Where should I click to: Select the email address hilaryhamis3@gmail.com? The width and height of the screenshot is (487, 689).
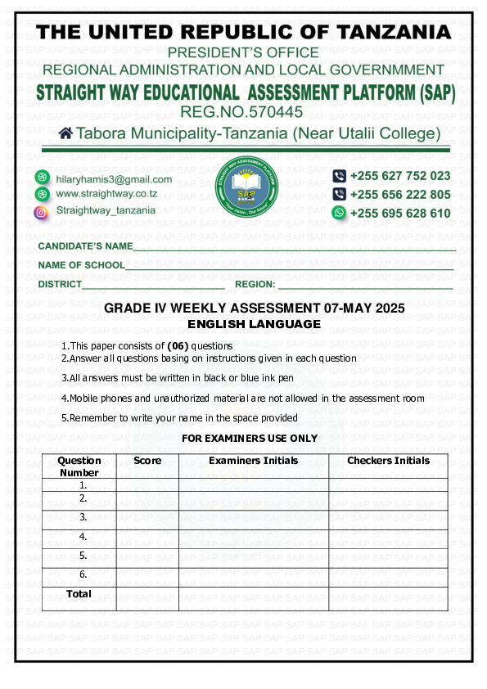click(x=114, y=179)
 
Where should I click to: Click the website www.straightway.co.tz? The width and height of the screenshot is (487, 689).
click(x=106, y=195)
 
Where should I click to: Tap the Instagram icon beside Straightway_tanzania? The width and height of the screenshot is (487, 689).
click(x=41, y=211)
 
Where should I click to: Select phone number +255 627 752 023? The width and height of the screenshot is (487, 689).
click(x=399, y=176)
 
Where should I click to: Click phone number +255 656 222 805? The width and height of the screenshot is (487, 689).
click(x=399, y=195)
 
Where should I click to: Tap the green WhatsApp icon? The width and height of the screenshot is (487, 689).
click(x=339, y=213)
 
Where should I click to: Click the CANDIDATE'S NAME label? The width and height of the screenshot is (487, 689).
click(x=85, y=246)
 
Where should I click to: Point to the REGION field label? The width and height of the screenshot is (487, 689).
click(x=255, y=285)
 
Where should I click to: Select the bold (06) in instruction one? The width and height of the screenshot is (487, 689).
click(x=177, y=346)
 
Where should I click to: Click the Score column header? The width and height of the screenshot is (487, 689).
click(x=147, y=462)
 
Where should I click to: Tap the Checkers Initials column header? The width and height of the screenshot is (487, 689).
click(x=388, y=462)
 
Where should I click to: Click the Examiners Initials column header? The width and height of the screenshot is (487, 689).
click(x=253, y=462)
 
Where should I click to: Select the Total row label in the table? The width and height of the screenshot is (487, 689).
click(x=79, y=594)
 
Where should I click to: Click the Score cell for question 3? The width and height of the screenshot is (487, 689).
click(x=147, y=518)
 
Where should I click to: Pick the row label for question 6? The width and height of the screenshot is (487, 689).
click(x=83, y=574)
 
